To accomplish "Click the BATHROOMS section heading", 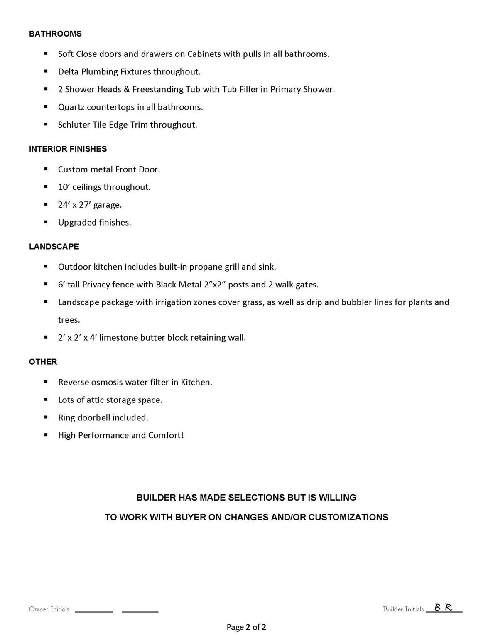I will tap(55, 34).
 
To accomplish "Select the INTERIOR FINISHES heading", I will tap(68, 149).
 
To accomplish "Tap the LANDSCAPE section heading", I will tap(54, 247).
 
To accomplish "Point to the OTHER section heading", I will tap(43, 362).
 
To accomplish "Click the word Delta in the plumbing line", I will tap(68, 72).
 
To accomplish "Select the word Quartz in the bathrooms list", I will tap(71, 107).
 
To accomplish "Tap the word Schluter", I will tap(73, 125).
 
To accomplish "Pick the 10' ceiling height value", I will tap(64, 187).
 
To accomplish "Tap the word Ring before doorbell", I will tap(66, 418).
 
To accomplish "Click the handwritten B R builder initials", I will tap(443, 607).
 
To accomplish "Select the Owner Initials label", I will tap(49, 609).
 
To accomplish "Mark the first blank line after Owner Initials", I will tap(94, 611).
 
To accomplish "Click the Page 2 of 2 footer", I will tap(246, 627).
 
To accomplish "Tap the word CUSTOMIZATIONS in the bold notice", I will tap(348, 518).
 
